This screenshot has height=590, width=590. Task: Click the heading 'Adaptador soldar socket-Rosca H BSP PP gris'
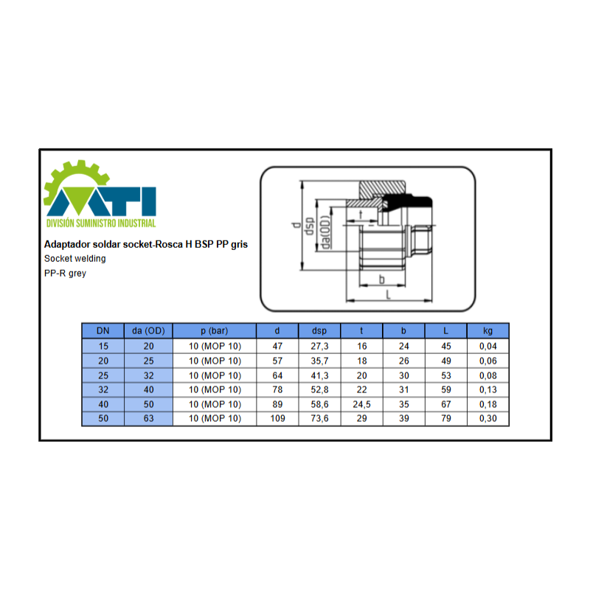pos(146,245)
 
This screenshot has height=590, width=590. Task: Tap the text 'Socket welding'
pos(75,259)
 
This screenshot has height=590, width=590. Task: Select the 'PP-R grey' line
pos(65,274)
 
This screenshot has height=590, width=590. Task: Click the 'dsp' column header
pos(319,331)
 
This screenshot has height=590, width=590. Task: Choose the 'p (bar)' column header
pos(215,331)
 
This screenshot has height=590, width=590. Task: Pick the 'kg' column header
pos(487,331)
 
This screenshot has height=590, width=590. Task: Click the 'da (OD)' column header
pos(148,331)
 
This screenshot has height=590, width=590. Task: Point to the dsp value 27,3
pos(319,346)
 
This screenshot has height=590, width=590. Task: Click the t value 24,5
pos(361,404)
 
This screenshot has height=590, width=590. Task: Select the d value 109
pos(277,418)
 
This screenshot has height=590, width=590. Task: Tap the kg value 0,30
pos(488,418)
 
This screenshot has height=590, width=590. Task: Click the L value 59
pos(446,390)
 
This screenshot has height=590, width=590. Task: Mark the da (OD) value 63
pos(149,418)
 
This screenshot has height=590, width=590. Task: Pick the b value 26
pos(403,361)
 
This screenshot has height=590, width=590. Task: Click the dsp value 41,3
pos(319,375)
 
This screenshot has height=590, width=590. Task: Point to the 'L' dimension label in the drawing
pos(389,294)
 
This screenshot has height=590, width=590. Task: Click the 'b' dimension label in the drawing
pos(381,280)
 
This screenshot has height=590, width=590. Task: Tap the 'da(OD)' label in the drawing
pos(325,232)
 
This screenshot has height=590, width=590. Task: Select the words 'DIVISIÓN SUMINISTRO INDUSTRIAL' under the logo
pos(101,223)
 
